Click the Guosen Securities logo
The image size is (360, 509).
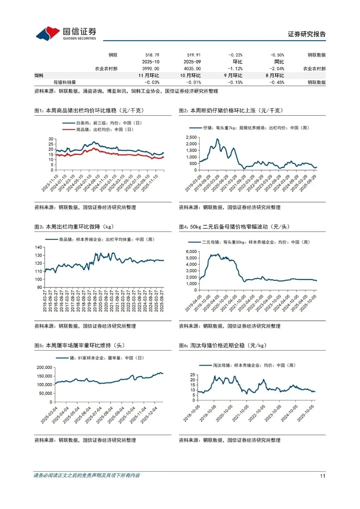pyautogui.click(x=66, y=34)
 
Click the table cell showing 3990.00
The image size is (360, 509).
pyautogui.click(x=151, y=69)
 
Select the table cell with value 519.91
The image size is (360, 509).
pyautogui.click(x=194, y=55)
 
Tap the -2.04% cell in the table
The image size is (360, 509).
pyautogui.click(x=277, y=69)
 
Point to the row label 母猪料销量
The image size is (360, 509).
pyautogui.click(x=65, y=82)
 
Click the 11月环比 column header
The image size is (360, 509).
pyautogui.click(x=149, y=76)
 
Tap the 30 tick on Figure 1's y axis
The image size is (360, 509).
pyautogui.click(x=51, y=139)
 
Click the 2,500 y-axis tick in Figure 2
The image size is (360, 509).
pyautogui.click(x=191, y=137)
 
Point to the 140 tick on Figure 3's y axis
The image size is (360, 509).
pyautogui.click(x=38, y=247)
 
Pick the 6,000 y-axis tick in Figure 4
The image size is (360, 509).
pyautogui.click(x=191, y=252)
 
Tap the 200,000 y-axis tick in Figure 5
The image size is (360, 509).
pyautogui.click(x=44, y=367)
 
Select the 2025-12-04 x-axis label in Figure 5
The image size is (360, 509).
pyautogui.click(x=149, y=415)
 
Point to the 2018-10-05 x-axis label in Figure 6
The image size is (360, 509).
pyautogui.click(x=192, y=413)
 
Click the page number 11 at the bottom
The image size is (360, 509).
pyautogui.click(x=322, y=476)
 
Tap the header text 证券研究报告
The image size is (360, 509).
pyautogui.click(x=307, y=34)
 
